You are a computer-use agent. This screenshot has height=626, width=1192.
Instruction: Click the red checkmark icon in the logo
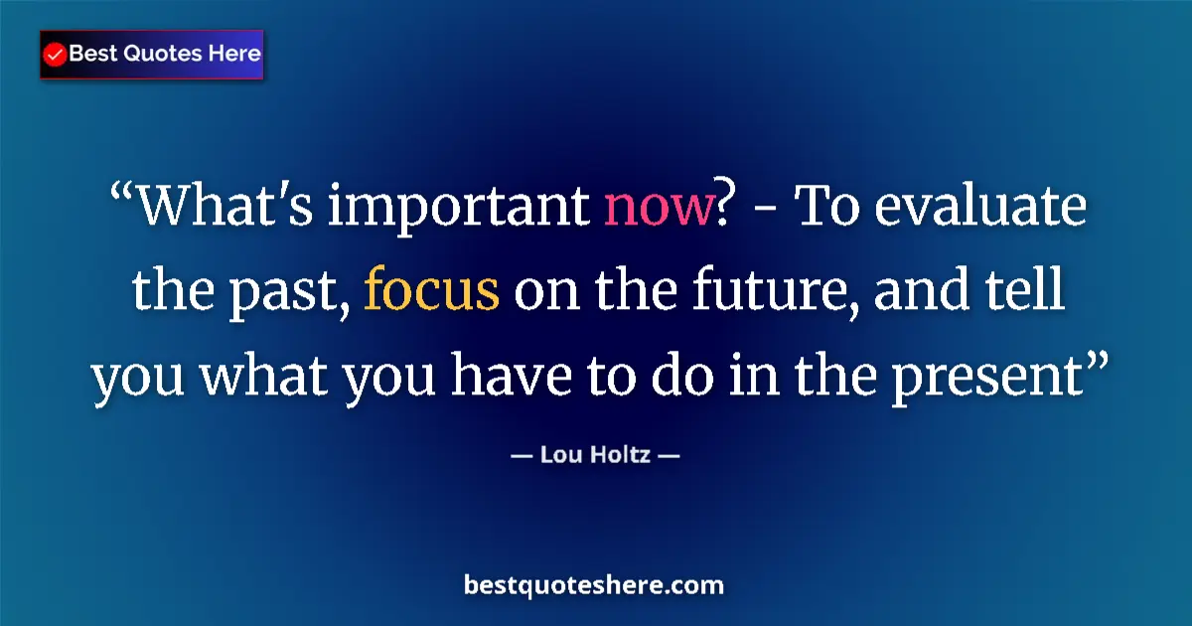(56, 56)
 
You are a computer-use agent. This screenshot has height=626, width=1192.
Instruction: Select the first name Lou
(559, 456)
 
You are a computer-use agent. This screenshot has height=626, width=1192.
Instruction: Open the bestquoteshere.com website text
(594, 585)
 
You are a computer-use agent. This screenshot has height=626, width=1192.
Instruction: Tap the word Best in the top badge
(92, 54)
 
